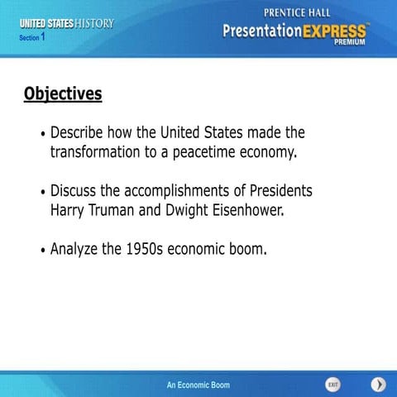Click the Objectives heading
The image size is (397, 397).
[x=63, y=93]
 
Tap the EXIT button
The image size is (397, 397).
[x=332, y=385]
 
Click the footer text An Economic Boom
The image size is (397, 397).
[x=198, y=385]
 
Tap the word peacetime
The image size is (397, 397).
[x=190, y=152]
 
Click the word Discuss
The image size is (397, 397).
[x=75, y=191]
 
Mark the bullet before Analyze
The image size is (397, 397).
[x=43, y=248]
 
